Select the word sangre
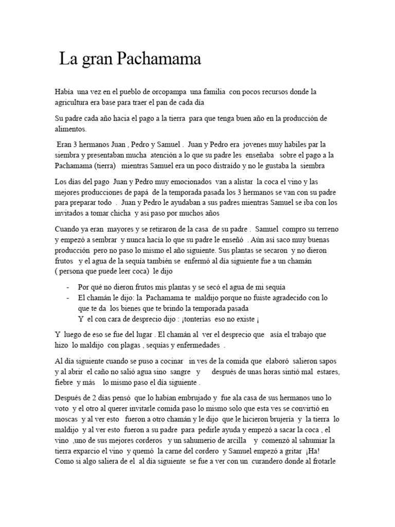coord(178,372)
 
